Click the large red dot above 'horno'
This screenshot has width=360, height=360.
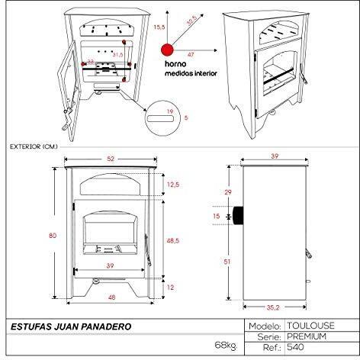coord(167,50)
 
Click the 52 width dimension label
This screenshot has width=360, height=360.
coord(111,159)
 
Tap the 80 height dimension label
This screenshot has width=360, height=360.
coord(53,236)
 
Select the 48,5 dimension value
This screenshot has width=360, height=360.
coord(173,240)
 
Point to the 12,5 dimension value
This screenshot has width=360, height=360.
coord(173,185)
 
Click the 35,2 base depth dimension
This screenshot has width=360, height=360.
coord(273,307)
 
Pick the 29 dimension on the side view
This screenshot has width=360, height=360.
coord(228,192)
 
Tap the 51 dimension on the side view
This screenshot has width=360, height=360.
coord(227,262)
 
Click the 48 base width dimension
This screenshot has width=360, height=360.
coord(111,297)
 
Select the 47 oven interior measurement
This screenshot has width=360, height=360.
coord(191,55)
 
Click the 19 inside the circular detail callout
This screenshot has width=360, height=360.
coord(170,111)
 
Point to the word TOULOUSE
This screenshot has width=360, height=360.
coord(310,326)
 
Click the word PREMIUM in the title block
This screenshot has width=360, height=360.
coord(307,336)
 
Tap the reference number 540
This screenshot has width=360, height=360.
coord(295,347)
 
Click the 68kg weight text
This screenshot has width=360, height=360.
coord(226,346)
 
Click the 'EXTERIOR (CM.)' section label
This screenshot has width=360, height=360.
coord(34,146)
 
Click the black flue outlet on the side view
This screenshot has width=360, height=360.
coord(238,216)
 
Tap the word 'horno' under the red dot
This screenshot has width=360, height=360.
coord(175,64)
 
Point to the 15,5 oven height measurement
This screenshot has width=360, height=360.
coord(159,27)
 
